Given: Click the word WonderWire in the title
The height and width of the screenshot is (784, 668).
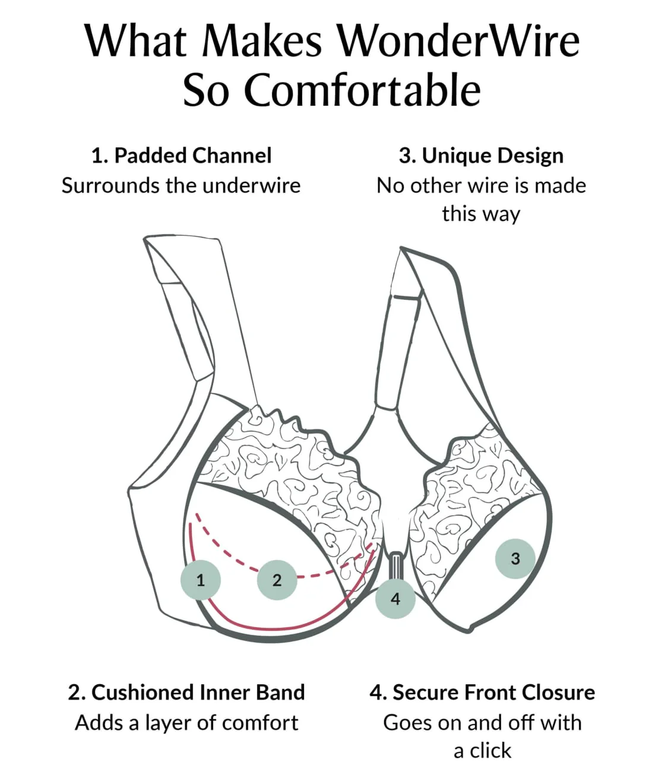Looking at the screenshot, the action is (x=459, y=42).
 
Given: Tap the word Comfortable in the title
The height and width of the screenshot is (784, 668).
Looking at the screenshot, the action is (x=363, y=91).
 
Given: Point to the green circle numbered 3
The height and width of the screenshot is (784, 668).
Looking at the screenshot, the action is (x=515, y=558).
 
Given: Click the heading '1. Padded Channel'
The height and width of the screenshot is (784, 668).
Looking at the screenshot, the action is (x=181, y=156).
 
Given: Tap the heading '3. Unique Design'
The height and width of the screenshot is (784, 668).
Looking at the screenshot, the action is (x=481, y=156).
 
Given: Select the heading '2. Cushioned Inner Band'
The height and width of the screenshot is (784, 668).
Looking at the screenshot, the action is (x=186, y=692).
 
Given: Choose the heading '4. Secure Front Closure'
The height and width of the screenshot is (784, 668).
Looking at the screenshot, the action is (x=482, y=692).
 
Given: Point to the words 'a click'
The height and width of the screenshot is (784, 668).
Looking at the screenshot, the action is (x=482, y=751).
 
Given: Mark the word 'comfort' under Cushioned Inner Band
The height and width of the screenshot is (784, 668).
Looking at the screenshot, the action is (x=260, y=723).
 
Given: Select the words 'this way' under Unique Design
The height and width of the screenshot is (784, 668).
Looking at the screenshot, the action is (x=481, y=214).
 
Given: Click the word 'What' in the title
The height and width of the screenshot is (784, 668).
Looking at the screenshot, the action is (x=135, y=42).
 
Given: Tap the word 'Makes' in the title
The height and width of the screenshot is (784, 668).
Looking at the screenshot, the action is (x=262, y=42).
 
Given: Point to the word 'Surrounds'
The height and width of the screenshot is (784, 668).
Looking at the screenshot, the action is (x=110, y=186).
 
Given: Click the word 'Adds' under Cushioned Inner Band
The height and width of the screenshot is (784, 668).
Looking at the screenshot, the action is (x=99, y=723).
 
